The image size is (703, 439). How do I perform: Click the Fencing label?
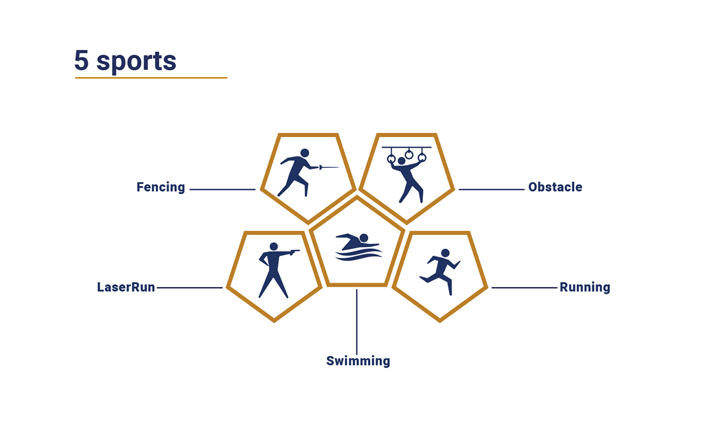[161, 188]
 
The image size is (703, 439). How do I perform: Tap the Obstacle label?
[555, 187]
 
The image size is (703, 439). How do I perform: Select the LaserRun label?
[126, 287]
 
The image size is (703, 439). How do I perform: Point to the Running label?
[585, 288]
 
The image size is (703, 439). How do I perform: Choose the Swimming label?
[358, 361]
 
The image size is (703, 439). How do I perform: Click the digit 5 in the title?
[81, 60]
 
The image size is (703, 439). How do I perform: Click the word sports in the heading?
[136, 62]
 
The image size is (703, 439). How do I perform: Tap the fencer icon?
[308, 173]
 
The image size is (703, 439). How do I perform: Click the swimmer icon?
[359, 247]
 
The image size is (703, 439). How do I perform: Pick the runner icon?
[440, 272]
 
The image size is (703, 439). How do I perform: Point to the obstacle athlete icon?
[407, 175]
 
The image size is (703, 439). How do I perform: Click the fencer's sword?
[329, 167]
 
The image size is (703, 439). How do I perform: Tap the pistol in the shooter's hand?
[295, 252]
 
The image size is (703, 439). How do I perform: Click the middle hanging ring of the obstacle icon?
[409, 154]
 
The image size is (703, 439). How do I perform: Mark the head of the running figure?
[445, 253]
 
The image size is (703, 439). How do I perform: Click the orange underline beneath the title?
[151, 78]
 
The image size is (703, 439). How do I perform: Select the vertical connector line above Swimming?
[356, 322]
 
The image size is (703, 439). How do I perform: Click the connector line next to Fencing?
[222, 189]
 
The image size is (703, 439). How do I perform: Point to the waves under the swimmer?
[359, 254]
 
